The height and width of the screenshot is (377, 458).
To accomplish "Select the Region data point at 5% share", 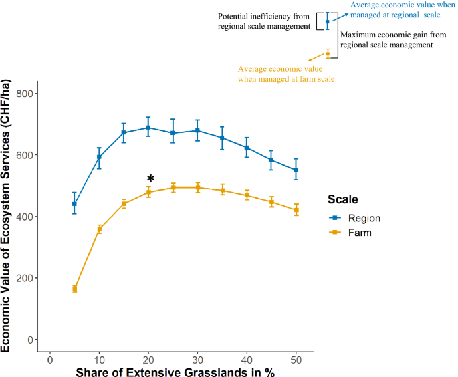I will coord(75,203).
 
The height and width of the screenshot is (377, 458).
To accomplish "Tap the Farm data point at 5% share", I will coord(75,288).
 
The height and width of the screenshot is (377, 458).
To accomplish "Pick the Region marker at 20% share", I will coord(148,127).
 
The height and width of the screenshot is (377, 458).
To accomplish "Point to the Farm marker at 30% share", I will coord(197,188).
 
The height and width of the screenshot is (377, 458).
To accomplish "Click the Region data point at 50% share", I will coord(296,170).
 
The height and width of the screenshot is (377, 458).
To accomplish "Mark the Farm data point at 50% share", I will coord(296,210).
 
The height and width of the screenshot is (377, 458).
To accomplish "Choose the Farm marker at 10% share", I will coord(100,229).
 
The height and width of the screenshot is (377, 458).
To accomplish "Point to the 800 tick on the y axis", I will coord(26,94).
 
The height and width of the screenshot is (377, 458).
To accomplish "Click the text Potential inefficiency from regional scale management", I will coord(264,21).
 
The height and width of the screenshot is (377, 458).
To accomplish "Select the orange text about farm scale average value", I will coord(286,74).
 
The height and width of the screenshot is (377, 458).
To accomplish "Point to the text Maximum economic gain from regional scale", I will coord(386,39).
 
